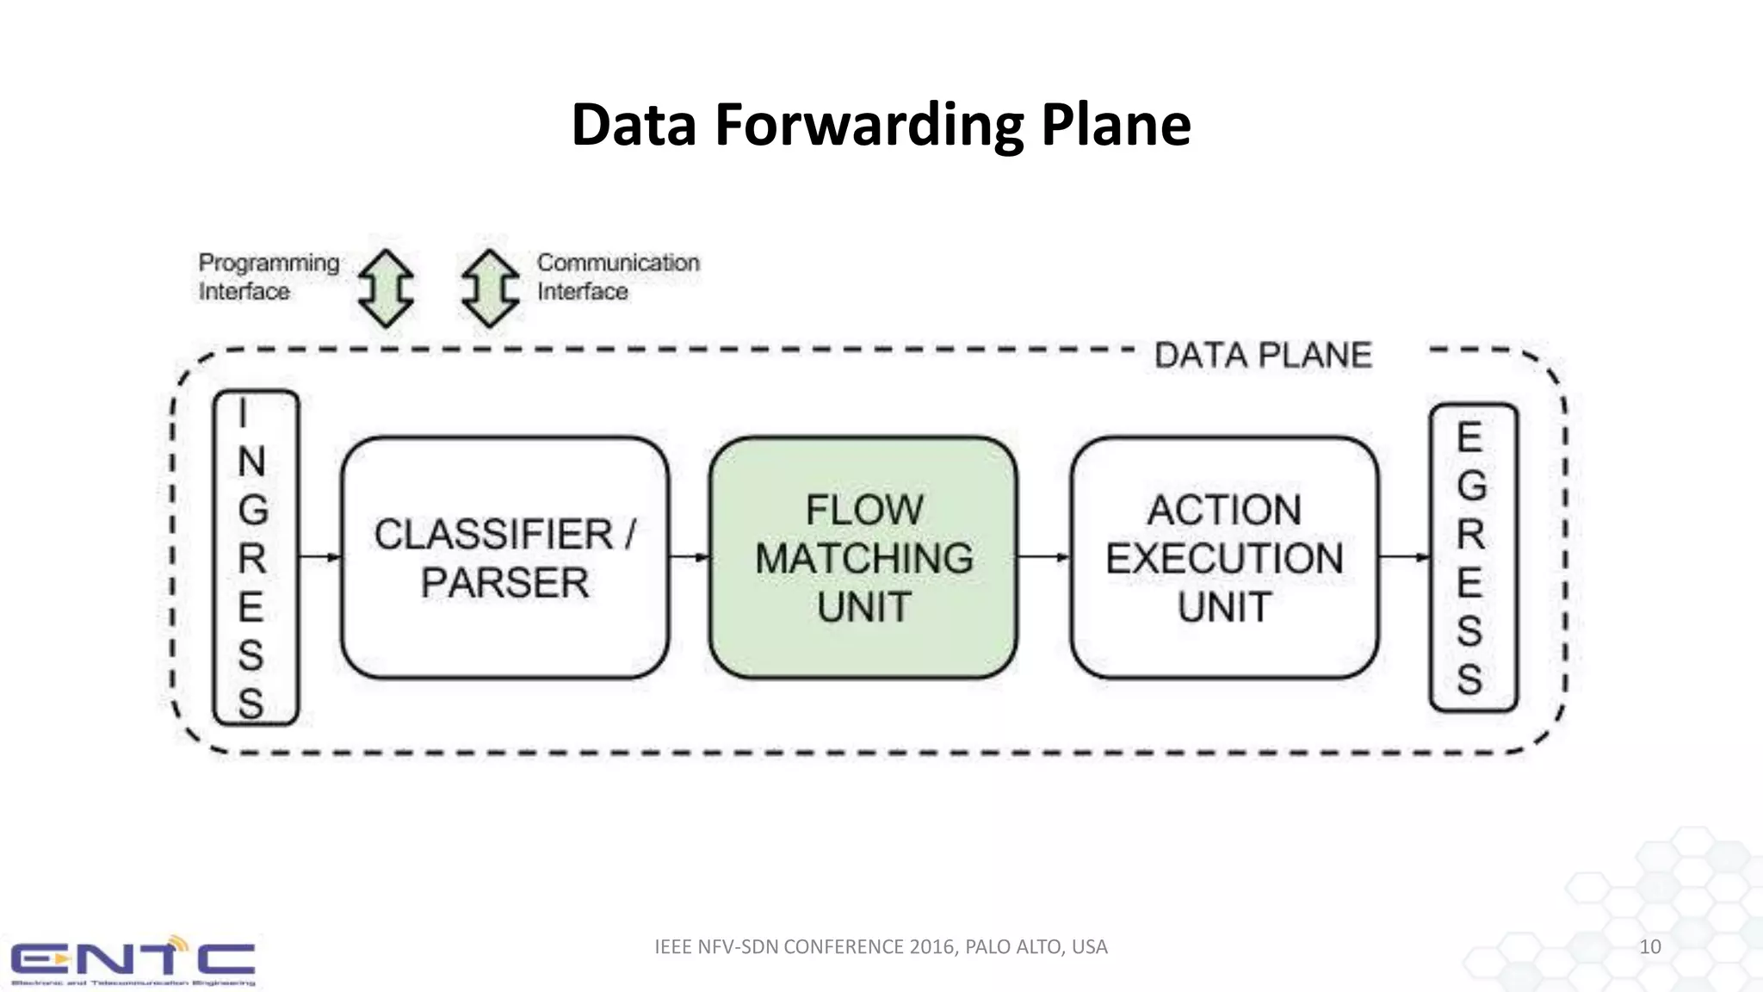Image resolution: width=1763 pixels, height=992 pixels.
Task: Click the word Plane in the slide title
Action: pyautogui.click(x=1116, y=126)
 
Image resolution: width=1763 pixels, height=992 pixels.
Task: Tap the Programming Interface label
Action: pyautogui.click(x=268, y=276)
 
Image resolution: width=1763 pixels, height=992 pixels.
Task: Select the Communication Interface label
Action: pyautogui.click(x=617, y=276)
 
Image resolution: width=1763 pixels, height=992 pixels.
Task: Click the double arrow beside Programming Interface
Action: pyautogui.click(x=386, y=288)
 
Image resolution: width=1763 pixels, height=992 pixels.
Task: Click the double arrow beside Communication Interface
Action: pyautogui.click(x=490, y=288)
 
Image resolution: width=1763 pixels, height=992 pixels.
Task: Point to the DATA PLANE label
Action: pyautogui.click(x=1262, y=356)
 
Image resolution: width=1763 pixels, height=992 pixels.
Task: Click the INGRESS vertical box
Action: pyautogui.click(x=255, y=558)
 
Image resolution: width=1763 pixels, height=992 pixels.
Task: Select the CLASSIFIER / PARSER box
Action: pyautogui.click(x=504, y=558)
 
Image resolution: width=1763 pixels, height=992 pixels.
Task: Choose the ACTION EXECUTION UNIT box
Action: pyautogui.click(x=1223, y=558)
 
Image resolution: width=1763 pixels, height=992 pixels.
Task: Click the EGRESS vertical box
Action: pyautogui.click(x=1472, y=558)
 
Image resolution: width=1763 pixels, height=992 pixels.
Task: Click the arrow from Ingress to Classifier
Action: pyautogui.click(x=320, y=557)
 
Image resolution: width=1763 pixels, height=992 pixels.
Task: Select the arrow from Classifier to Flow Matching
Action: pyautogui.click(x=689, y=557)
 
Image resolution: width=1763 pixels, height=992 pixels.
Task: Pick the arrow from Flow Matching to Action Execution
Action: pyautogui.click(x=1043, y=557)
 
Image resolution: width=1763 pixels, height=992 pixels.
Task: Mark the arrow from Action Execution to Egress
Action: pyautogui.click(x=1403, y=557)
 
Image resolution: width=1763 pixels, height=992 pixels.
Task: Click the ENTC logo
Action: pyautogui.click(x=133, y=961)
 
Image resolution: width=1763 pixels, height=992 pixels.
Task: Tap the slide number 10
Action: pyautogui.click(x=1649, y=946)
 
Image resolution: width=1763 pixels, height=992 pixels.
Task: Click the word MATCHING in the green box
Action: pyautogui.click(x=863, y=558)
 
